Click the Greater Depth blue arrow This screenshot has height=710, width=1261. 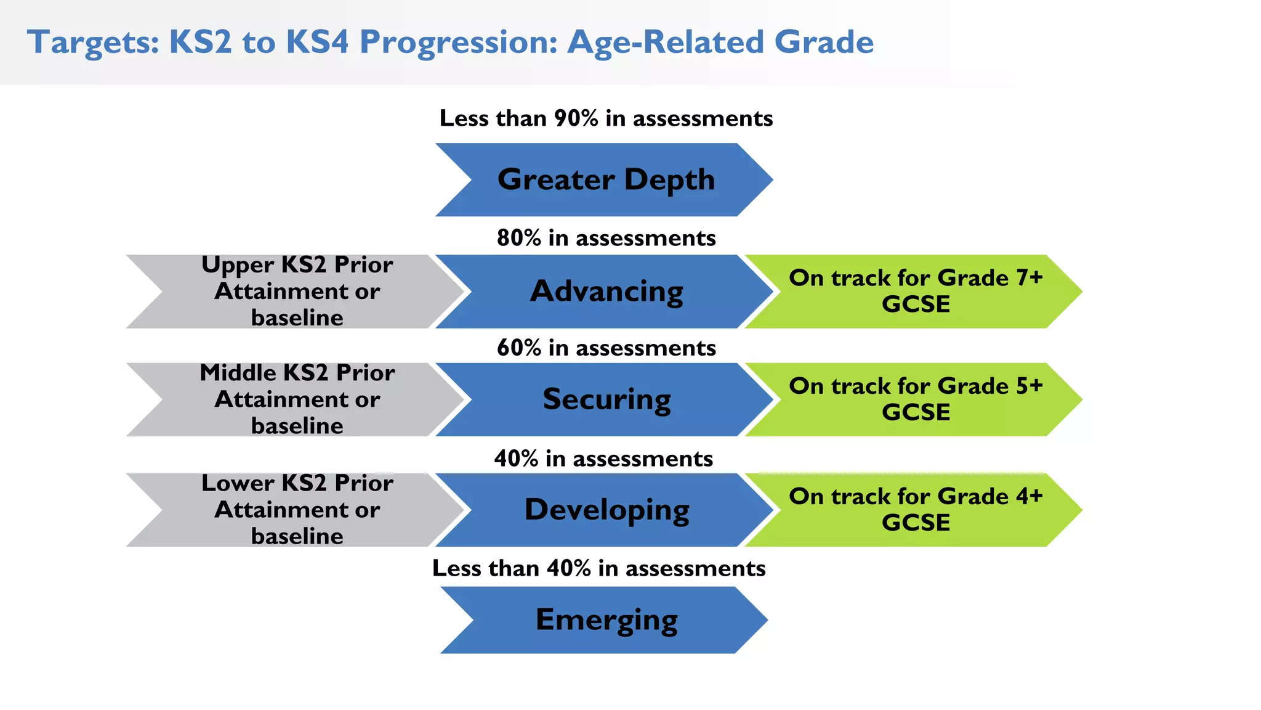coord(606,179)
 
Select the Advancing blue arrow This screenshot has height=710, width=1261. coord(606,291)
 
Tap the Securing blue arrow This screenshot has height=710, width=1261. coord(606,399)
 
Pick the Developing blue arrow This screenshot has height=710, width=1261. coord(606,510)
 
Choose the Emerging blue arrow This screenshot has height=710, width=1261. coord(606,619)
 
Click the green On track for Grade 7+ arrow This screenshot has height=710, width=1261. coord(916,291)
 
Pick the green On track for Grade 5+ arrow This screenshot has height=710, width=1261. coord(916,399)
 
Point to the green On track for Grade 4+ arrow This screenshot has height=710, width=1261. coord(916,510)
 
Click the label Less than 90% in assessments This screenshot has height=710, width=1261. coord(606,118)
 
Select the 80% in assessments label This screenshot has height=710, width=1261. coord(606,238)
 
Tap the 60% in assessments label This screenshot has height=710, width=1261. coord(606,348)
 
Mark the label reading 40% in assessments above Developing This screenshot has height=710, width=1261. coord(603,459)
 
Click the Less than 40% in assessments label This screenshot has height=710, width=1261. coord(598,568)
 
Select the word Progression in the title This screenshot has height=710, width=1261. coord(458,43)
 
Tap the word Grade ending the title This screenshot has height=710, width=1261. coord(823,42)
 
